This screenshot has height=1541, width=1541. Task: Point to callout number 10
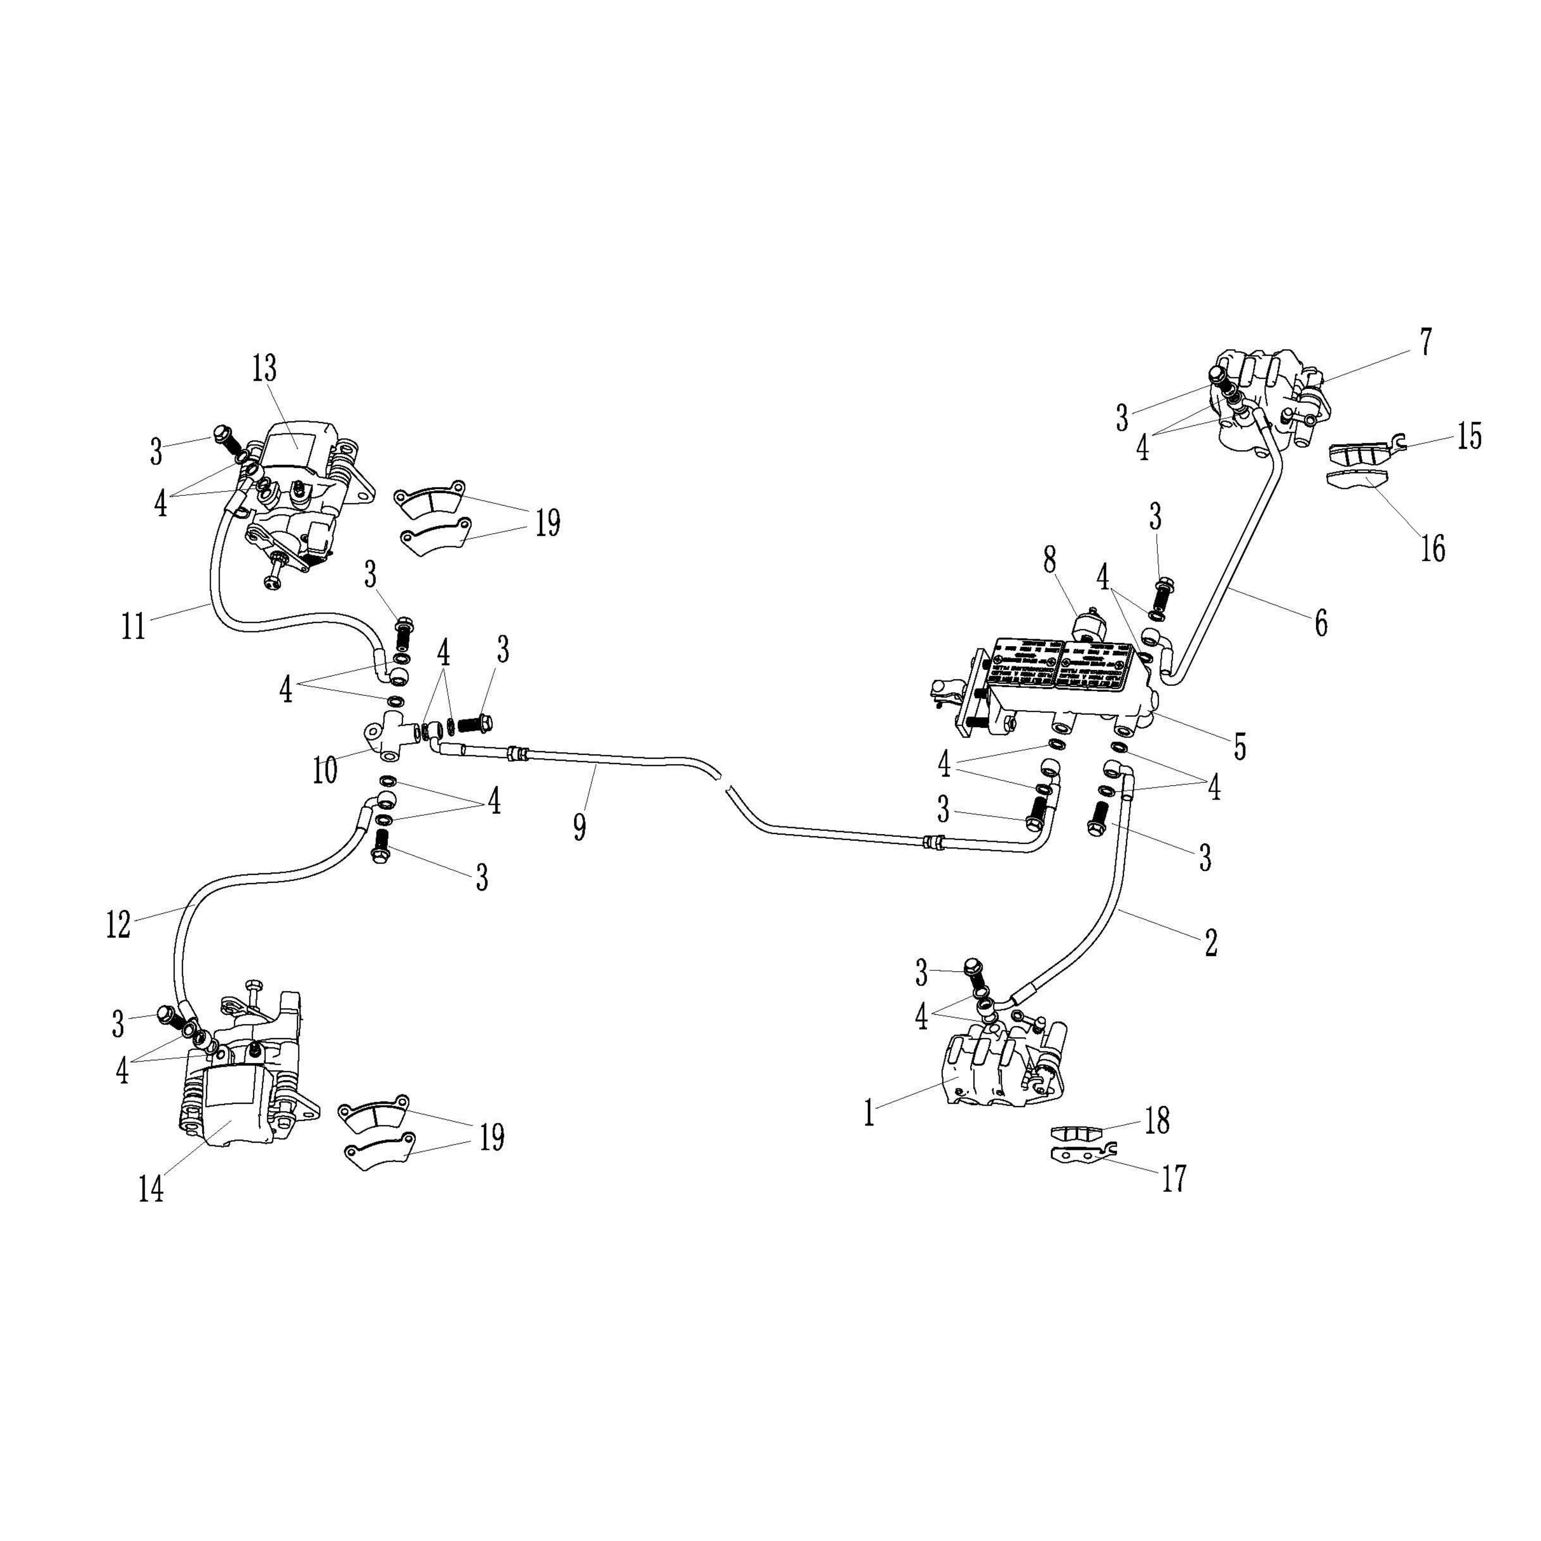325,770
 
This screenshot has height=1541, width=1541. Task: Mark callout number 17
1173,1177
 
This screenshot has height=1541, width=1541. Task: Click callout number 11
133,626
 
